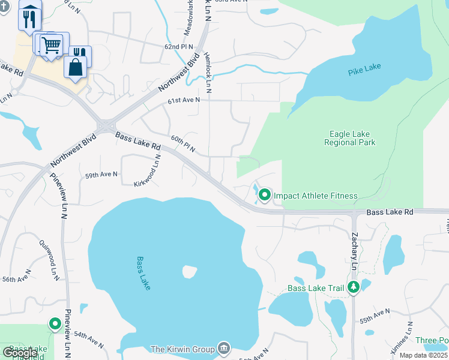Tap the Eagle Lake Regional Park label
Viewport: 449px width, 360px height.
coord(349,139)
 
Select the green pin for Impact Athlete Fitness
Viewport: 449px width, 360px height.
coord(265,195)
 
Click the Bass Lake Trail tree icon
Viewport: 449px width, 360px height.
coord(354,287)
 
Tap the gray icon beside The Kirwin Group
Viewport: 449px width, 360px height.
coord(223,348)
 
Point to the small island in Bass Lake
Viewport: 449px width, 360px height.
coord(190,272)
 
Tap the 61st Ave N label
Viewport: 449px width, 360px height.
coord(184,100)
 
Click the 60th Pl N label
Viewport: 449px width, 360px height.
coord(183,143)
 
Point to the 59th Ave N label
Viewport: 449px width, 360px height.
coord(101,175)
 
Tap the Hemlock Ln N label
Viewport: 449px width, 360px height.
coord(208,70)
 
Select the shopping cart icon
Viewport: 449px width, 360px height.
coord(52,44)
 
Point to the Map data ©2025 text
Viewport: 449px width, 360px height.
coord(424,355)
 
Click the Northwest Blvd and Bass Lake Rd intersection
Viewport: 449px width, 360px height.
coord(107,127)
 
